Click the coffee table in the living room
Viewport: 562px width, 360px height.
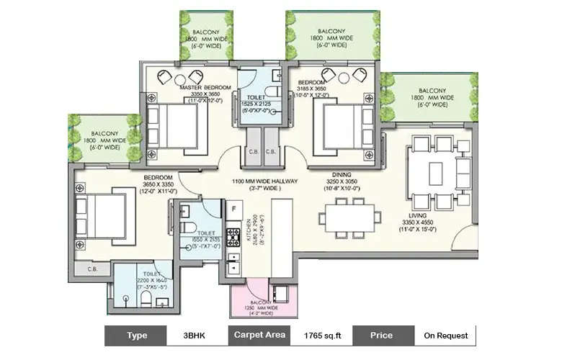[x=435, y=174]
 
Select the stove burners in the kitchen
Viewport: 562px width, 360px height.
[x=233, y=237]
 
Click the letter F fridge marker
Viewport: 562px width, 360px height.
[x=233, y=210]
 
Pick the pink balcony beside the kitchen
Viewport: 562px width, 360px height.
[x=262, y=298]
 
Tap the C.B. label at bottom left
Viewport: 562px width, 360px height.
[x=92, y=269]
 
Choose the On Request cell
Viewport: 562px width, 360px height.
[x=445, y=335]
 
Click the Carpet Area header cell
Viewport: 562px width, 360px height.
[x=259, y=335]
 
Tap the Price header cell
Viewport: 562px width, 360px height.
[x=382, y=335]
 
